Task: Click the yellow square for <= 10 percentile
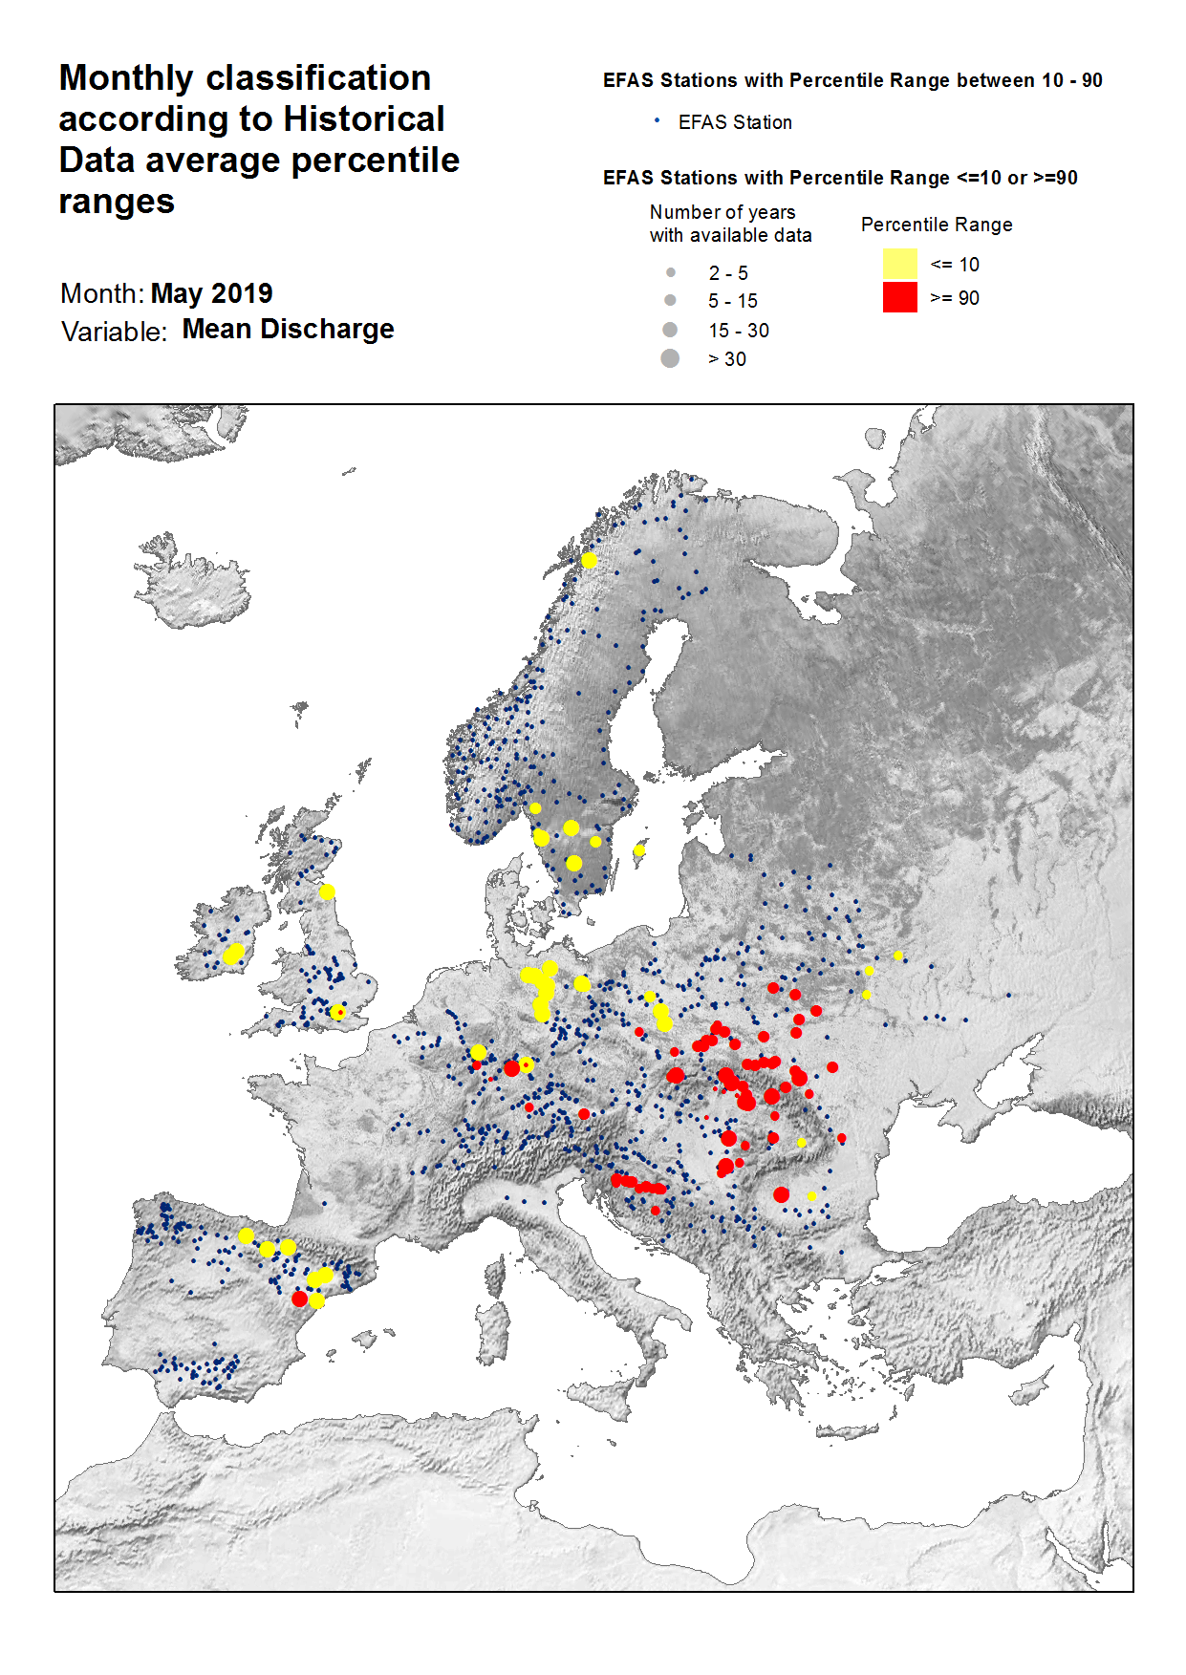(899, 264)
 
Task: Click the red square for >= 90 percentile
(899, 297)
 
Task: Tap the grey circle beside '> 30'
(670, 358)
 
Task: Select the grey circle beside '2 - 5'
(671, 272)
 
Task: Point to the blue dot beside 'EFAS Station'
(657, 120)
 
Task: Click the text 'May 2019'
(211, 293)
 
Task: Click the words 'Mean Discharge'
(288, 329)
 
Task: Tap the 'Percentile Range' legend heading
(936, 225)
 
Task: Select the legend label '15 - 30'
(738, 331)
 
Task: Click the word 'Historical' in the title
(364, 118)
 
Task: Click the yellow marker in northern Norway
(589, 560)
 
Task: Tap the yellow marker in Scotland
(327, 891)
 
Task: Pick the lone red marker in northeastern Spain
(300, 1299)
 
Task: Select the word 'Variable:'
(114, 332)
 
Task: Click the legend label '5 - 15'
(732, 301)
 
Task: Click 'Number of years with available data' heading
(730, 224)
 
